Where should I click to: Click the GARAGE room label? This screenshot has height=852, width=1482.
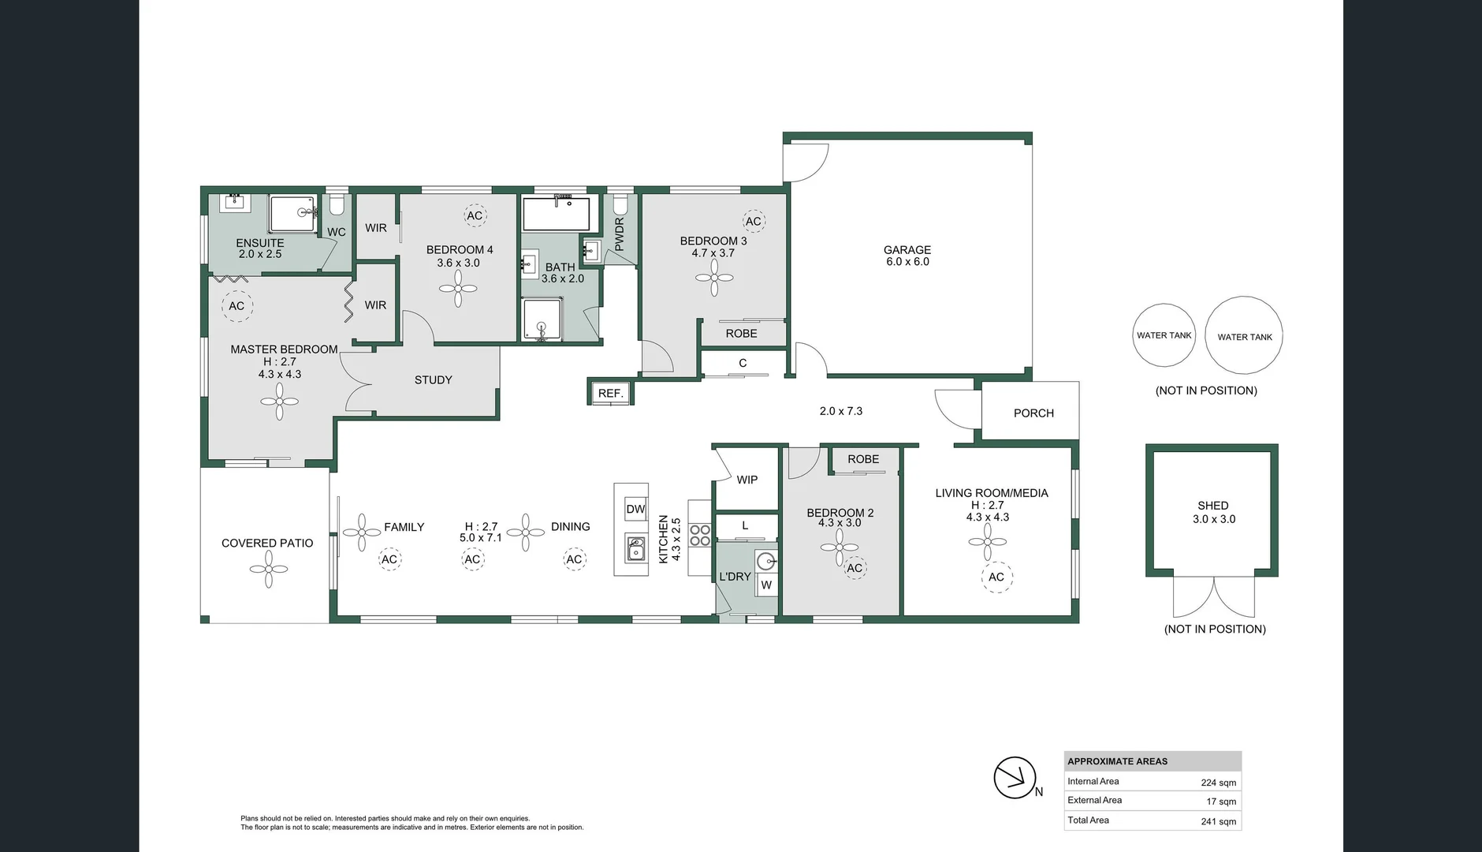(x=907, y=250)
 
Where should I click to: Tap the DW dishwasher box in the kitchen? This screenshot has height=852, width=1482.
(x=635, y=509)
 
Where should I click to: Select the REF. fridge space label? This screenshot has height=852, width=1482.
(x=610, y=393)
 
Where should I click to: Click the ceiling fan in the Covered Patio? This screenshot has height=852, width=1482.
(x=269, y=569)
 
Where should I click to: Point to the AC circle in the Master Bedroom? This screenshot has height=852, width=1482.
(x=236, y=306)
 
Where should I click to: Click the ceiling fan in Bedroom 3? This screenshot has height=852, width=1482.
(x=714, y=278)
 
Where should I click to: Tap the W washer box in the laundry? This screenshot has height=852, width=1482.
(x=766, y=585)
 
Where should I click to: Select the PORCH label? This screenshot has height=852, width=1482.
(x=1033, y=413)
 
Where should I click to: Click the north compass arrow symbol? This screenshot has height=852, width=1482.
(x=1014, y=778)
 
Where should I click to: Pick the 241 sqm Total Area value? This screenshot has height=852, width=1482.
(x=1218, y=821)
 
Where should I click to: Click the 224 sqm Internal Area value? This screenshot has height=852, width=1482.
(x=1218, y=783)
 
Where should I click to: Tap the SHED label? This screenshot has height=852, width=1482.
(x=1212, y=506)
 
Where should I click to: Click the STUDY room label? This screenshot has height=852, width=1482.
(x=433, y=380)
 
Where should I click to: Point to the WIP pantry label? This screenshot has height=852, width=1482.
(x=747, y=480)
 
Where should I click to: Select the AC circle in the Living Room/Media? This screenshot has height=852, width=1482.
(x=996, y=577)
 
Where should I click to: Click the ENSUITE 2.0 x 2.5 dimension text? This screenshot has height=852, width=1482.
(x=260, y=254)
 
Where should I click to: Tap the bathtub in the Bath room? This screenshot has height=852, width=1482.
(x=556, y=213)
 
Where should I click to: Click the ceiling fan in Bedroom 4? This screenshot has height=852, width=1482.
(x=458, y=289)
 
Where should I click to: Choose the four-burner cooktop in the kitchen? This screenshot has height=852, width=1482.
(x=700, y=536)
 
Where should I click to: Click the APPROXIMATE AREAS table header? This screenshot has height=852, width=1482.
(x=1117, y=761)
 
